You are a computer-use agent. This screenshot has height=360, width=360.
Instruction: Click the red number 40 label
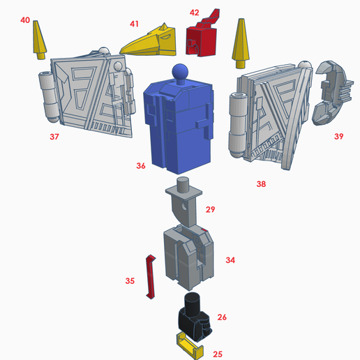(x=25, y=21)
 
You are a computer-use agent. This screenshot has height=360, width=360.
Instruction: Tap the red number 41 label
(x=134, y=24)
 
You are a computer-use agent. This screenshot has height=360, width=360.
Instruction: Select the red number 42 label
(x=194, y=13)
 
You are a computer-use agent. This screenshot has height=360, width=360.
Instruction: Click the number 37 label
(x=54, y=137)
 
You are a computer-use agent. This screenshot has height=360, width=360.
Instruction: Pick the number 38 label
(x=261, y=184)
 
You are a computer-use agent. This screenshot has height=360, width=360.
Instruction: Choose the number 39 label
(x=338, y=137)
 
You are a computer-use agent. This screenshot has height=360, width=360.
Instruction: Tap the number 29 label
(x=210, y=209)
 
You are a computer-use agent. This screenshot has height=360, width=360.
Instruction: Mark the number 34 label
(x=230, y=260)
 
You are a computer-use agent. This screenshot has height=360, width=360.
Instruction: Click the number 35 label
(x=130, y=280)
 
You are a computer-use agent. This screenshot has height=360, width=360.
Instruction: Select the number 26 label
(x=222, y=317)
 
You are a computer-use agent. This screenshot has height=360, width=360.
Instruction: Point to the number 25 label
(x=218, y=354)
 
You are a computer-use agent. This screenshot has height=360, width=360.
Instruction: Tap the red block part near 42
(x=202, y=38)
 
